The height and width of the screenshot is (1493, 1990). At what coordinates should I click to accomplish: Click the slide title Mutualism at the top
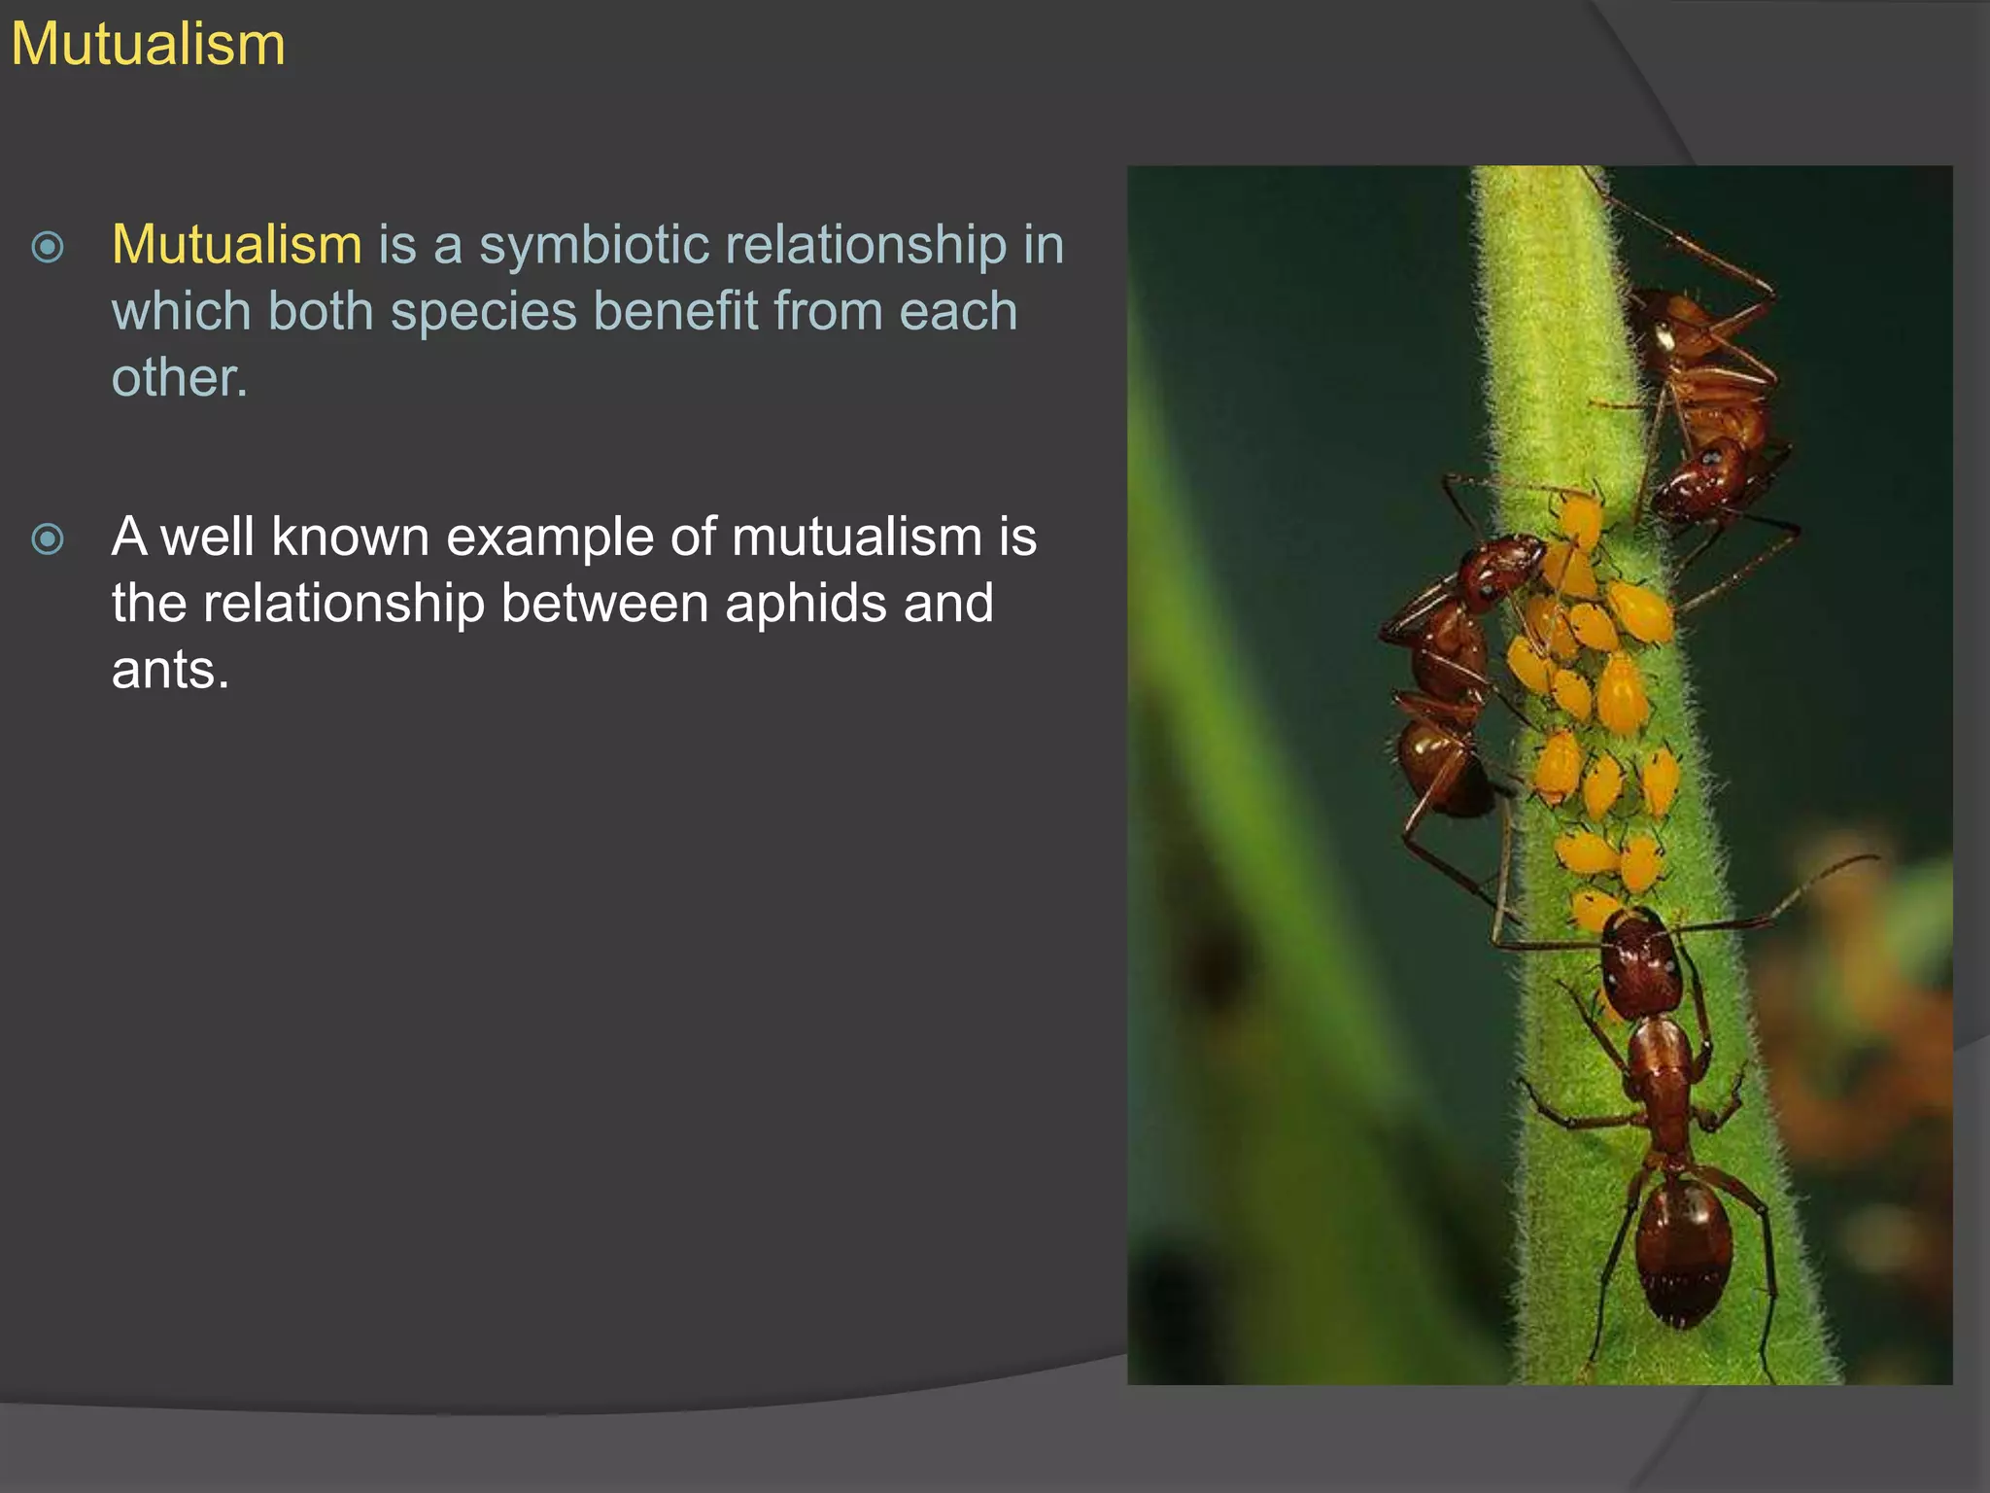pyautogui.click(x=148, y=45)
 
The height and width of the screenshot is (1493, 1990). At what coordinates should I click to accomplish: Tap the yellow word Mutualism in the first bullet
pyautogui.click(x=236, y=244)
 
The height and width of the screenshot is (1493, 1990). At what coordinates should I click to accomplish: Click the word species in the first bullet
pyautogui.click(x=483, y=312)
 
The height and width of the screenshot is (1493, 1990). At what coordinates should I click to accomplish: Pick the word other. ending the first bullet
pyautogui.click(x=180, y=377)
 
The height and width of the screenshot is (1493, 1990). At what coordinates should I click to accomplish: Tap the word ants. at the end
pyautogui.click(x=170, y=670)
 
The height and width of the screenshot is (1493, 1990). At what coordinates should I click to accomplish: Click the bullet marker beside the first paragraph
pyautogui.click(x=48, y=247)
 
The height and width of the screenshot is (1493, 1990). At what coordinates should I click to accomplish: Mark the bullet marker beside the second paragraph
pyautogui.click(x=48, y=538)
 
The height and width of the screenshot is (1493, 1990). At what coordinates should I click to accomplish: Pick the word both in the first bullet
pyautogui.click(x=321, y=312)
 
